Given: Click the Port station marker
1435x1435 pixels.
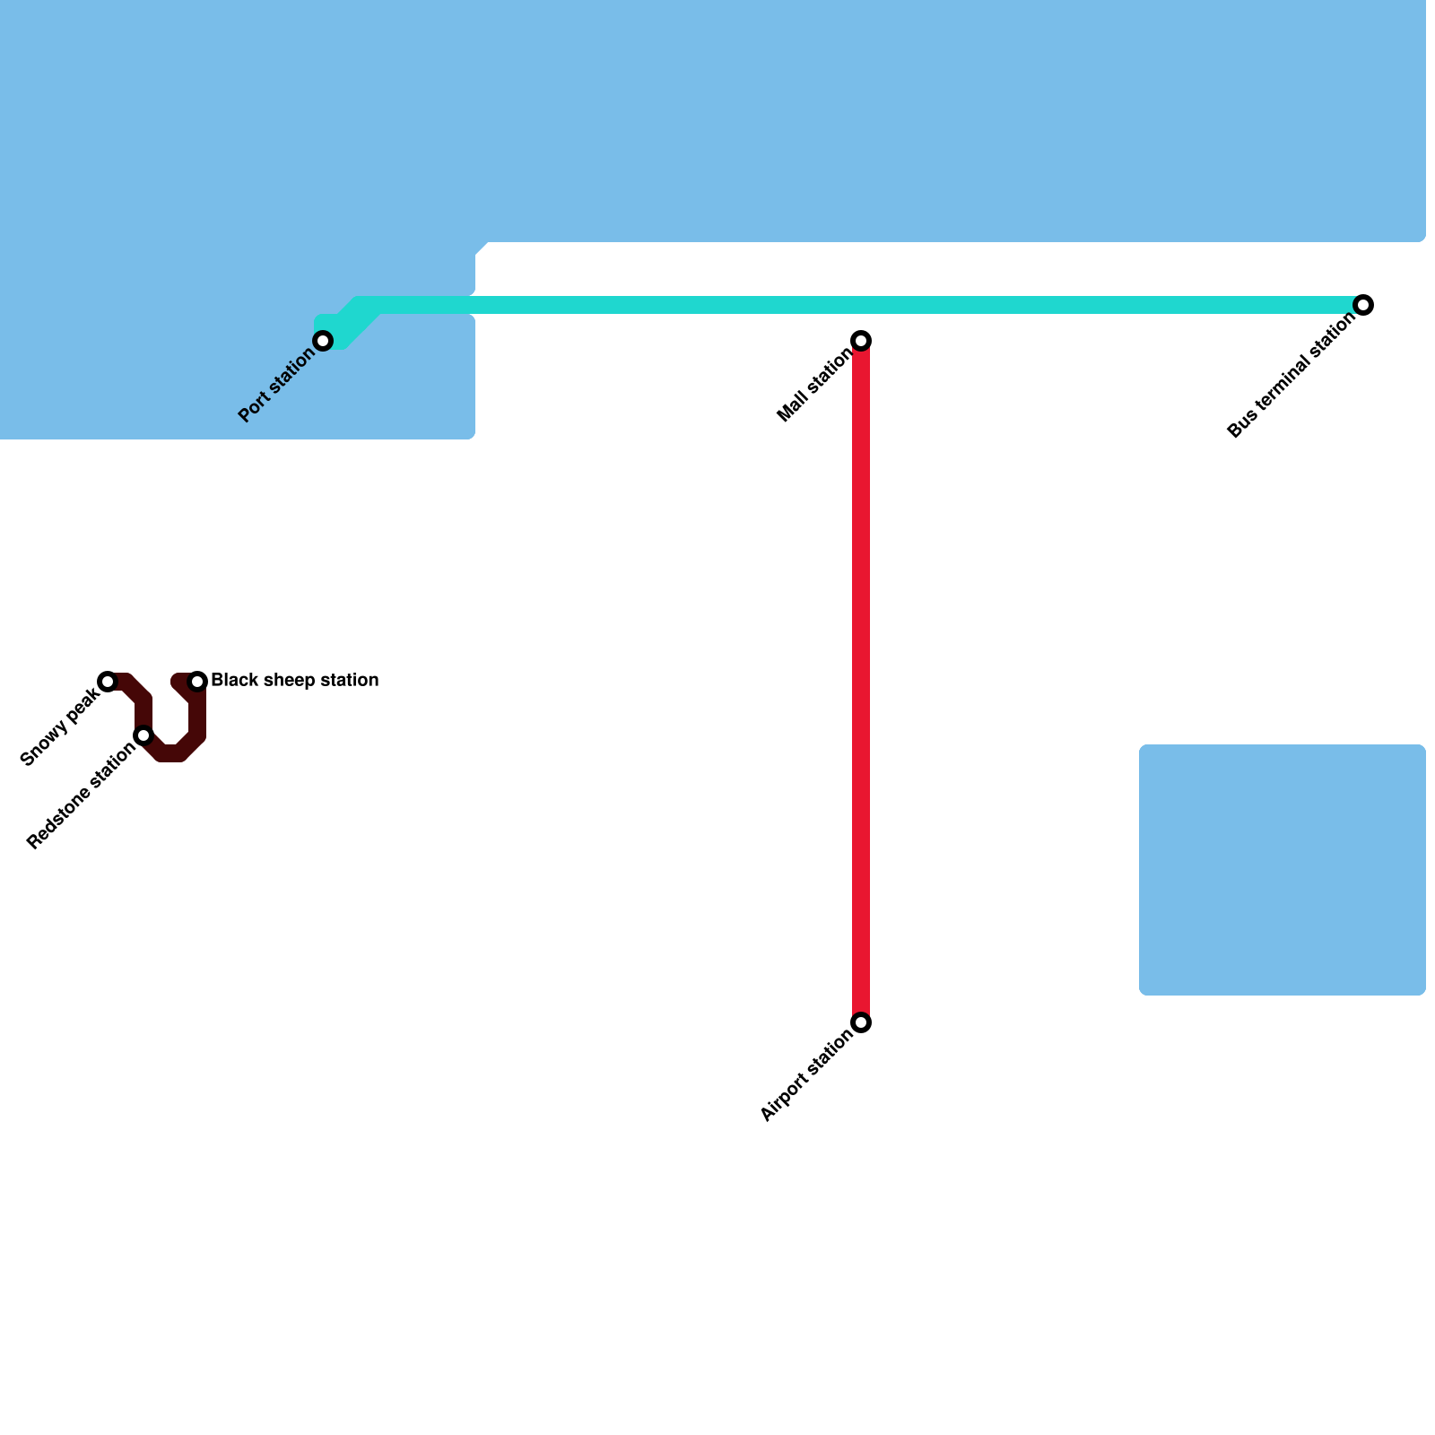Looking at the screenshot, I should (x=324, y=341).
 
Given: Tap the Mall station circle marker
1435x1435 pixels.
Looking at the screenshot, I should (x=861, y=341).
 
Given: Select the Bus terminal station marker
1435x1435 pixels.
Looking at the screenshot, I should (x=1363, y=305).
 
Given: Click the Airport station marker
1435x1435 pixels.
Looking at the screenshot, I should (x=861, y=1022).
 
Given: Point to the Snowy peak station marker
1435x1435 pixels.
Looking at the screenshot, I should (x=108, y=682).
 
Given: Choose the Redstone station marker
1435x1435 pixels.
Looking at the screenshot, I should (x=143, y=736).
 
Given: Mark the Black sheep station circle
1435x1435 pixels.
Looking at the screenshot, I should (x=198, y=682).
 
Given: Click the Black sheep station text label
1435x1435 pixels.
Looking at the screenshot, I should (x=294, y=681).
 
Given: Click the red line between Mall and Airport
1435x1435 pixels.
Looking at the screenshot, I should (x=861, y=682).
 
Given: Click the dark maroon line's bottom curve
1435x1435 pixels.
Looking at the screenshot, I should (x=171, y=753).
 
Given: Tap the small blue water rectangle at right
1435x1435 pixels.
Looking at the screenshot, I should (x=1283, y=870).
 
